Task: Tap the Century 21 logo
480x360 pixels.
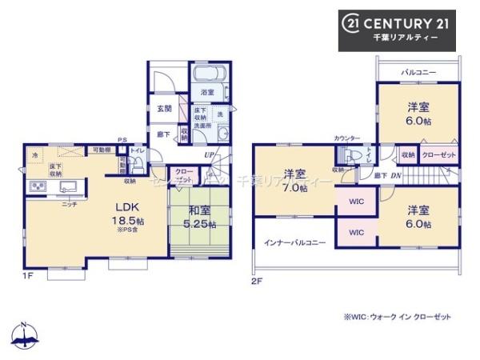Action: [398, 25]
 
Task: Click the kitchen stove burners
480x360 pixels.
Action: [38, 188]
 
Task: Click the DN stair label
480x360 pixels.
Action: [396, 174]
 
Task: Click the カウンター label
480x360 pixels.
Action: [347, 138]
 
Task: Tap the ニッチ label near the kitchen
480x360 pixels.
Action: [70, 205]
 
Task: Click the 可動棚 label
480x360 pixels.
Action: [101, 150]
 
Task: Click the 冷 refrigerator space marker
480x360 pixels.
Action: [34, 154]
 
